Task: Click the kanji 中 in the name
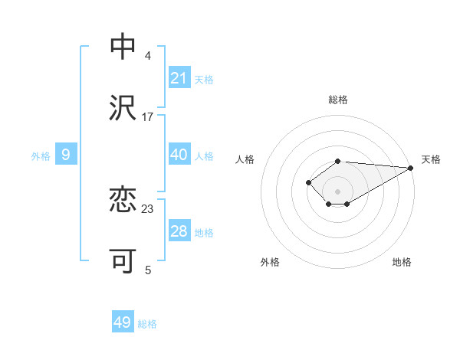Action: (123, 47)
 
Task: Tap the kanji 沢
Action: (123, 108)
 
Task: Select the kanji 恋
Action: (123, 200)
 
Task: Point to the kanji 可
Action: (123, 261)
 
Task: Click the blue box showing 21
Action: (179, 78)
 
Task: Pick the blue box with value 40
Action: (179, 155)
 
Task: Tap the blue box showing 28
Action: (179, 231)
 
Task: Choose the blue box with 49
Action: (123, 322)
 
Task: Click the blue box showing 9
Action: (66, 155)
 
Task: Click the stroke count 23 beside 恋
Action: (148, 208)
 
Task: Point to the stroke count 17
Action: (148, 116)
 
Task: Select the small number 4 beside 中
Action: (148, 55)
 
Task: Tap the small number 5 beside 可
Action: (148, 270)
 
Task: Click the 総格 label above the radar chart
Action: (338, 100)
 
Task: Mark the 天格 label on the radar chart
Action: (431, 159)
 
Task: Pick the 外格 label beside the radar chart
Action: (270, 262)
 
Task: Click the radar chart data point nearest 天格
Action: (412, 168)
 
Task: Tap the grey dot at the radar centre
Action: (338, 191)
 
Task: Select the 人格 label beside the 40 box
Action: (204, 155)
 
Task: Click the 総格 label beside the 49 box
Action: (147, 324)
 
